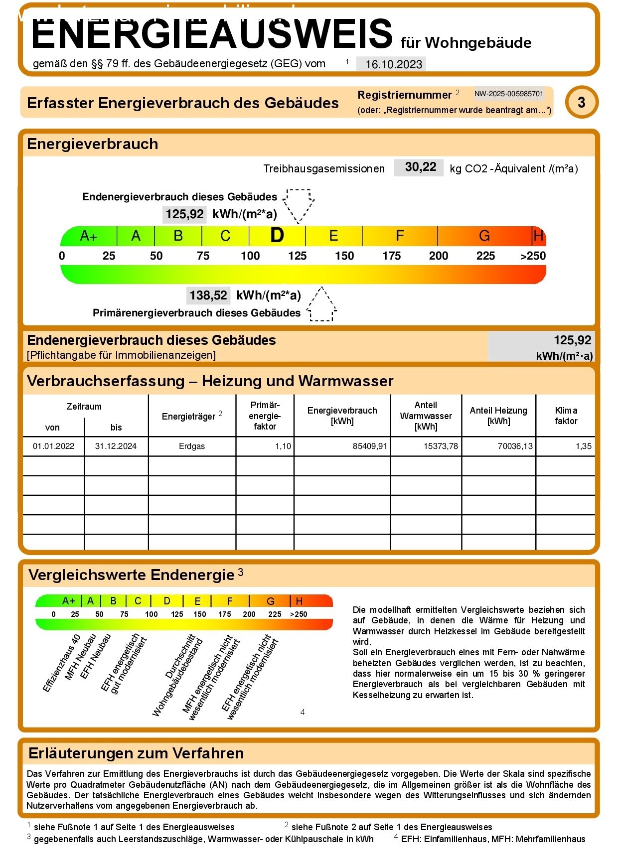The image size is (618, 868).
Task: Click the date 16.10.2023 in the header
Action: coord(393,64)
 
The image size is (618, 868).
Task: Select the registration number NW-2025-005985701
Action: coord(508,94)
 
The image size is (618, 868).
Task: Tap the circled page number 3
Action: coord(581,103)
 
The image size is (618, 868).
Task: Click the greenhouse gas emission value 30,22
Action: coord(420,167)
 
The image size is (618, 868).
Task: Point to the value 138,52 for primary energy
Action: coord(208,295)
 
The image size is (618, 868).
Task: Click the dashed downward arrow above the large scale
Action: coord(299,204)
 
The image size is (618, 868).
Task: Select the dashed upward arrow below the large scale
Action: coord(321,304)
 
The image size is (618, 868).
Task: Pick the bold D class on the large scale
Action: coord(277,236)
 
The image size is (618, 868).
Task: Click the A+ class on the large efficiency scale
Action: coord(89,236)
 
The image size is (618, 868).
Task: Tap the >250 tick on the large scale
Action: coord(532,256)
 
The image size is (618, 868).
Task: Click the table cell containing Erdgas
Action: coord(192,446)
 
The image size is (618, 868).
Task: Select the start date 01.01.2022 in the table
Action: coord(53,446)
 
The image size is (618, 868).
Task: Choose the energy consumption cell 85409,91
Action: coord(369,446)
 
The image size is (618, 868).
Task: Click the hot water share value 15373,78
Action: coord(441,446)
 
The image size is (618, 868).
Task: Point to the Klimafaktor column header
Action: coord(566,416)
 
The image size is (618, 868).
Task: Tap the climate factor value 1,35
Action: coord(583,446)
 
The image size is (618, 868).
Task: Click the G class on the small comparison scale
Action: coord(270,601)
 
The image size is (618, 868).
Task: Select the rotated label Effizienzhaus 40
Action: coord(61,664)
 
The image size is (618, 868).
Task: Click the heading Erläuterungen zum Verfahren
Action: coord(136,753)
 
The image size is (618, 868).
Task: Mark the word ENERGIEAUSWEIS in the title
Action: coord(212,34)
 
